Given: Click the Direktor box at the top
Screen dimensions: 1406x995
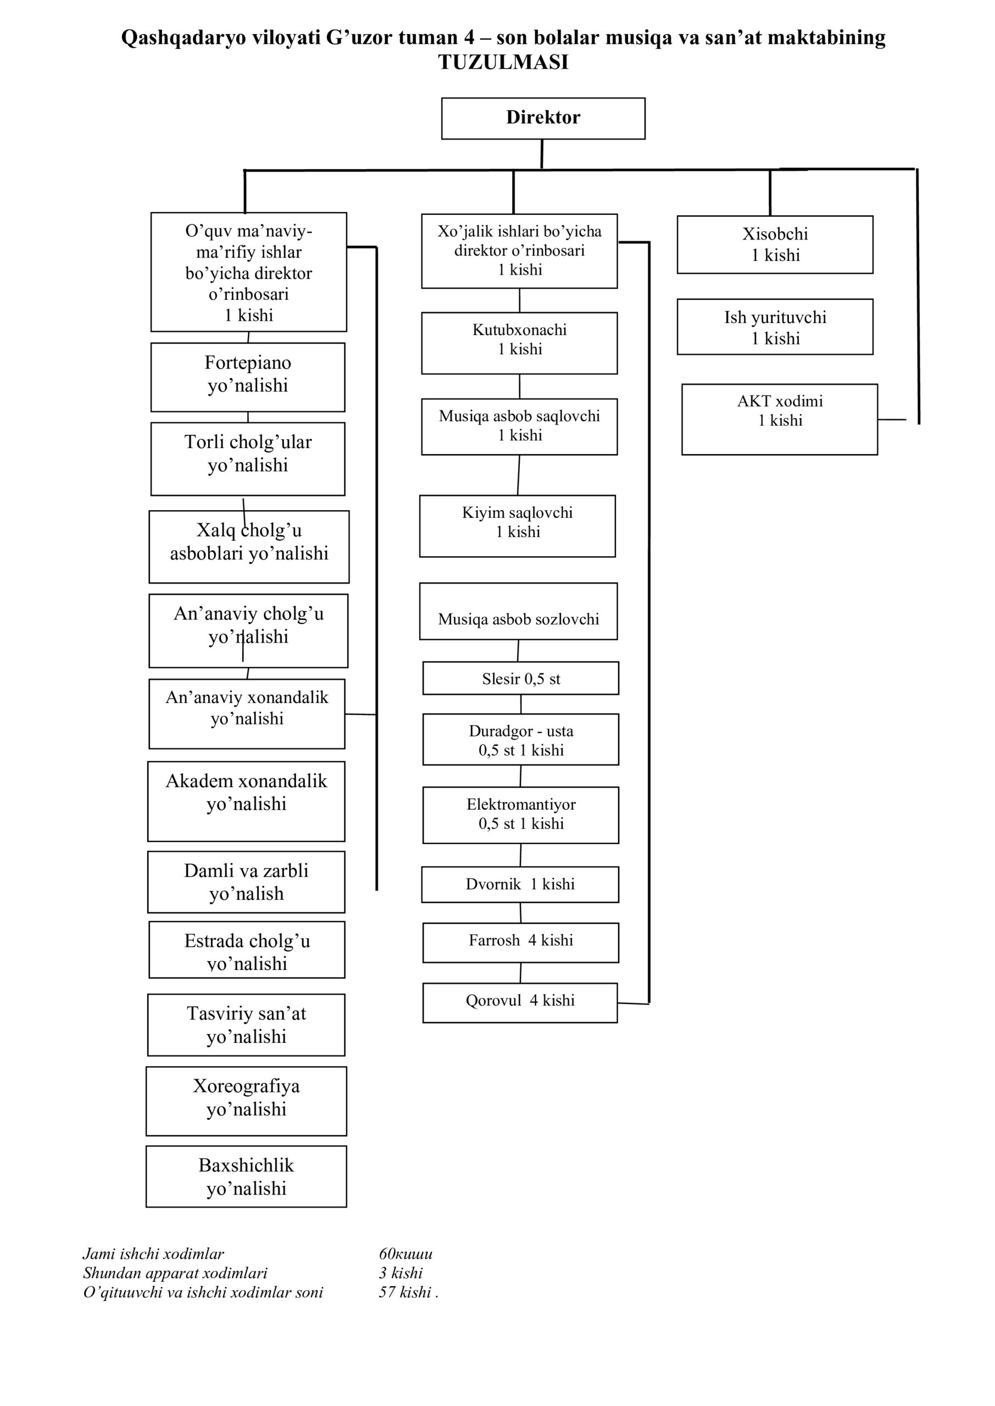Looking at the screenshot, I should click(x=543, y=118).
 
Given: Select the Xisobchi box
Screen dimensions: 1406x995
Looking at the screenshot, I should click(x=775, y=244).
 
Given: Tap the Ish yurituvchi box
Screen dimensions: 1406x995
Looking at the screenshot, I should click(x=775, y=327).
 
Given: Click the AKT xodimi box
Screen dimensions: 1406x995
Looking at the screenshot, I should click(x=779, y=420).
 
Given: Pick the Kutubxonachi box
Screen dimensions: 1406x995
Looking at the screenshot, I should click(x=519, y=343).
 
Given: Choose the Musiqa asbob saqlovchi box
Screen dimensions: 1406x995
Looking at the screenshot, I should click(x=519, y=427).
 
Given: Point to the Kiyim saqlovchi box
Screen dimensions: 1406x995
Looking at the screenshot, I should click(x=517, y=526).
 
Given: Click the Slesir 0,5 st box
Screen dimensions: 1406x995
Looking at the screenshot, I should click(x=521, y=678).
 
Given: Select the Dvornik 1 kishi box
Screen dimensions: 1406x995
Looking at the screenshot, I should click(x=520, y=884).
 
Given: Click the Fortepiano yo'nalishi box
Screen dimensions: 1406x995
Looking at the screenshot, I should click(x=248, y=377).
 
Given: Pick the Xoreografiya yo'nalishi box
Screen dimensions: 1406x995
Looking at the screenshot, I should click(x=246, y=1101).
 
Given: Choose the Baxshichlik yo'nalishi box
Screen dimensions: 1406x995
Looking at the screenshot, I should click(x=246, y=1176).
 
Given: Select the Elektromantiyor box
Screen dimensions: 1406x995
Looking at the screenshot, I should click(x=520, y=815).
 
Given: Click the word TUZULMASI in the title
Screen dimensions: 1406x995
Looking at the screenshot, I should click(x=503, y=62).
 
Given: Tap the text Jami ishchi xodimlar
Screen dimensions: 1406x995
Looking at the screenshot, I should click(x=153, y=1253).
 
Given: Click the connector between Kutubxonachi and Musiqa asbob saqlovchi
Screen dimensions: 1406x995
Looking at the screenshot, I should click(x=520, y=387).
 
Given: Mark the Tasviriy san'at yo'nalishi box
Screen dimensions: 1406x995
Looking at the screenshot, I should click(x=246, y=1025).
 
